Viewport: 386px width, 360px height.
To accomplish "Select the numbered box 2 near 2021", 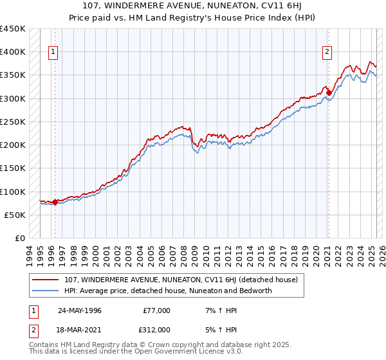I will click(327, 53).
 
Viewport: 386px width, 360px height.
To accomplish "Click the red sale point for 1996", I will click(55, 202).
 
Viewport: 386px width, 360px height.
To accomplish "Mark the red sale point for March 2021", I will click(329, 93).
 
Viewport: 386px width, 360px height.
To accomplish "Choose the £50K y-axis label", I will click(15, 215).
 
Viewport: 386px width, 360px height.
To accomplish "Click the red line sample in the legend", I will click(45, 280).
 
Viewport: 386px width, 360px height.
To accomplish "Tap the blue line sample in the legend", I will click(45, 291).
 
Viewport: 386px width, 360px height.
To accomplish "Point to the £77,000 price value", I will click(156, 310).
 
